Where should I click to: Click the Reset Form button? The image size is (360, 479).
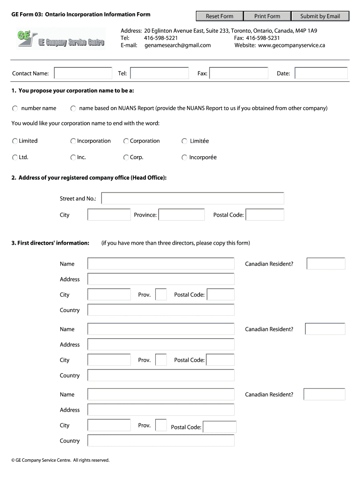tap(220, 16)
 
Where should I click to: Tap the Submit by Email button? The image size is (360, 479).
tap(320, 16)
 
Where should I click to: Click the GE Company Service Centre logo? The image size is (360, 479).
tap(61, 39)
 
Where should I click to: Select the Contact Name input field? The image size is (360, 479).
tap(84, 73)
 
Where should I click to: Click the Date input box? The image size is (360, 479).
tap(321, 73)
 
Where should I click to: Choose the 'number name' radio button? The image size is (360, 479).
tap(15, 109)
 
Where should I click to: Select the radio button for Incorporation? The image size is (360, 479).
tap(73, 141)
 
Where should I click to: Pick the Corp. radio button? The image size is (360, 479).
tap(126, 158)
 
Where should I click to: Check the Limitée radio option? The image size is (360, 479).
tap(184, 141)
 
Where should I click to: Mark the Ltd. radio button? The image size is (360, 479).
tap(15, 158)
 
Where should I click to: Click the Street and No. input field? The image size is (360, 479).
tap(193, 199)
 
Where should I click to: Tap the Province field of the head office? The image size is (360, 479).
tap(181, 215)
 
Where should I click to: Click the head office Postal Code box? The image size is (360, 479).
tap(265, 215)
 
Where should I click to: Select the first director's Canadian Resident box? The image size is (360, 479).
tap(326, 264)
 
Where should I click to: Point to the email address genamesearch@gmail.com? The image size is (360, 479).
tap(178, 45)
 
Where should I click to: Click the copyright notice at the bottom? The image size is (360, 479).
tap(60, 460)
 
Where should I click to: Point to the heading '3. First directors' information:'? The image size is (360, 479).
tap(50, 243)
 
